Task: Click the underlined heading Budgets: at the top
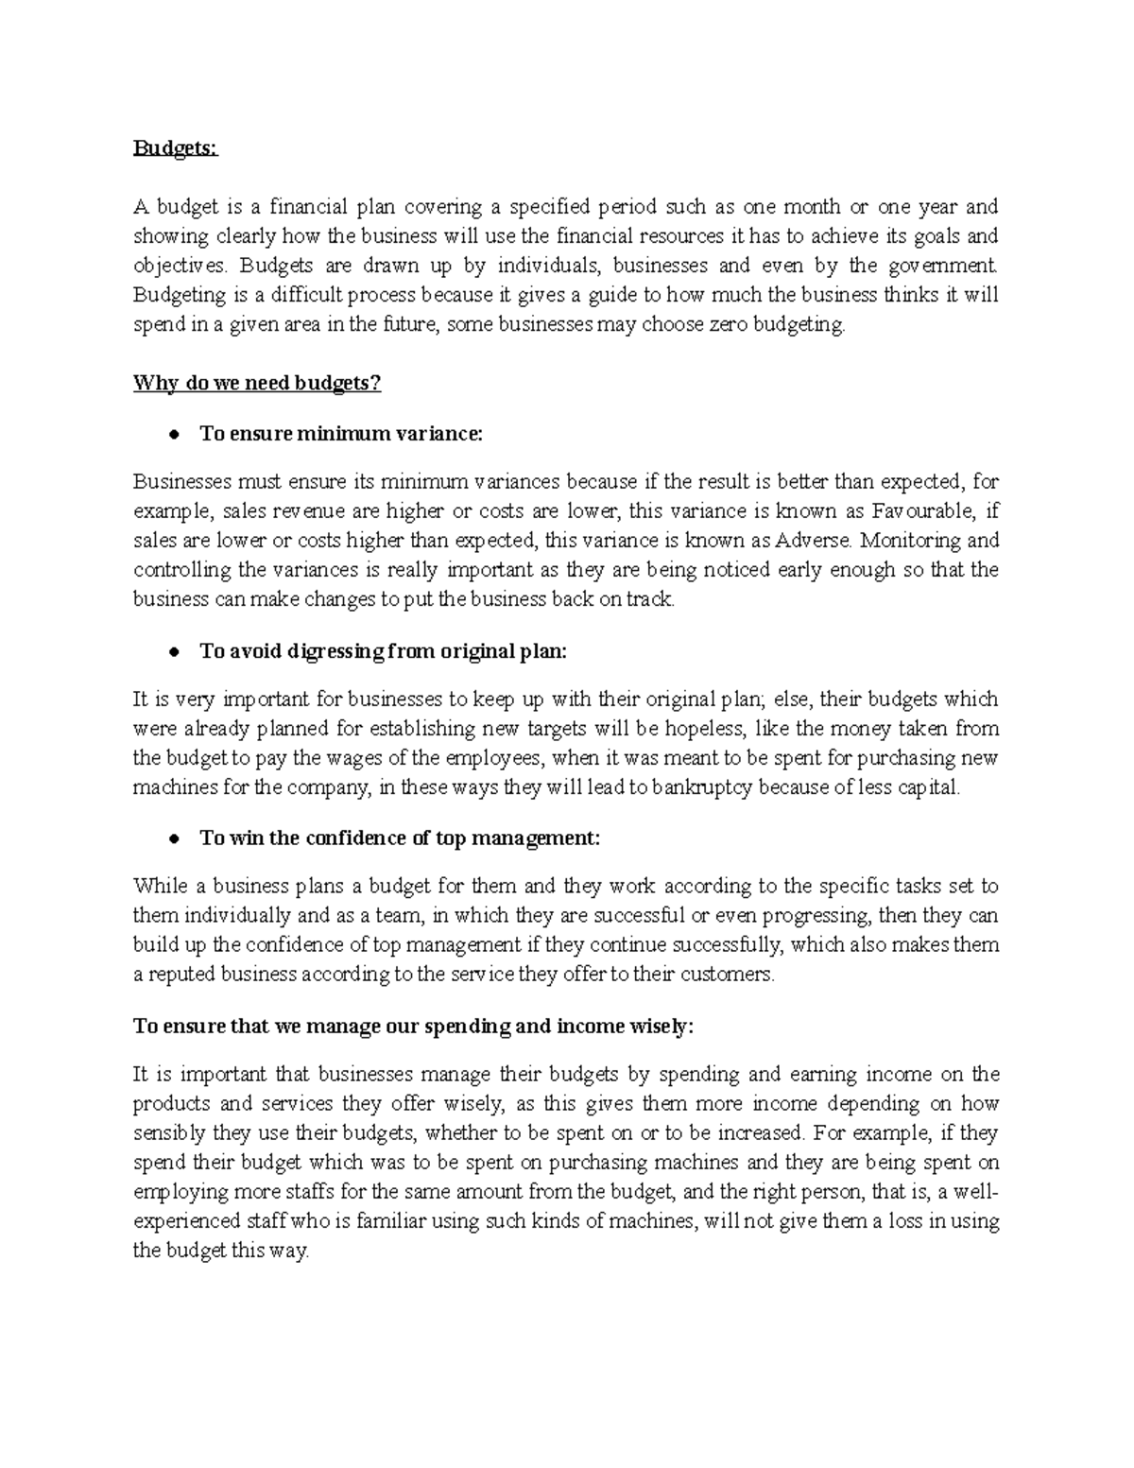click(175, 150)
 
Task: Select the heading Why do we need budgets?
click(256, 383)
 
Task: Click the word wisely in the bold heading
click(661, 1028)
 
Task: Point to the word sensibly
click(168, 1133)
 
